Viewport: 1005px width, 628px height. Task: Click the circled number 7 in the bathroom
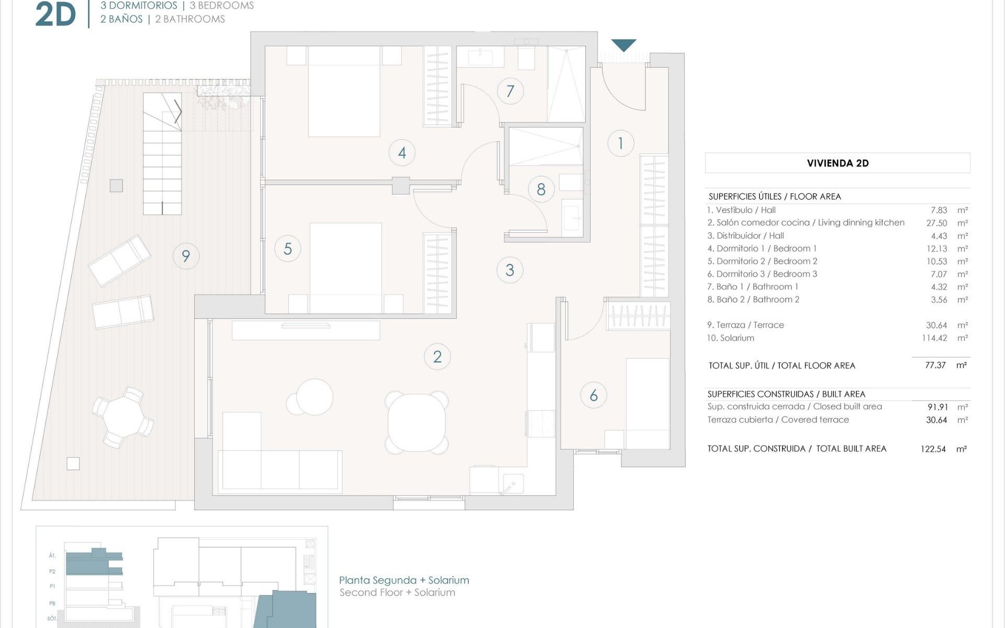point(510,91)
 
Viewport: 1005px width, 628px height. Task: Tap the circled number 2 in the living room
point(437,357)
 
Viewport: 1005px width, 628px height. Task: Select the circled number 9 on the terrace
point(186,256)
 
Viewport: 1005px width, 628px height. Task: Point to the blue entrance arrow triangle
point(623,45)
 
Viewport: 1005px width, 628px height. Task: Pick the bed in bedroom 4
point(344,92)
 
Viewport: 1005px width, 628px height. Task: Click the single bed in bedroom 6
point(647,403)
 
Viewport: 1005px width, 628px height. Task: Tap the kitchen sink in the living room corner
point(512,483)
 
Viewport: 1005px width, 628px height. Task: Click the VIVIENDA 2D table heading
point(837,163)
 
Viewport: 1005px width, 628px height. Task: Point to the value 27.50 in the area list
point(936,223)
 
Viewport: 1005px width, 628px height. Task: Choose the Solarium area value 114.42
point(934,338)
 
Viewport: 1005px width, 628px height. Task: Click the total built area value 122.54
point(933,449)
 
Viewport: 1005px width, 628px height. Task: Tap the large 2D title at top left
point(55,15)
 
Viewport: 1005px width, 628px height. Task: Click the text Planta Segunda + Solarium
point(404,580)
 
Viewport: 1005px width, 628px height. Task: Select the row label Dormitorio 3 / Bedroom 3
point(762,274)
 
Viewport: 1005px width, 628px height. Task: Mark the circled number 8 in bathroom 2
point(541,189)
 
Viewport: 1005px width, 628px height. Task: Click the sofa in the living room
point(282,461)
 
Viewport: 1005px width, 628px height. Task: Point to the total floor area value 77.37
point(935,365)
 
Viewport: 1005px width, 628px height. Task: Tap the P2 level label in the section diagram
point(52,571)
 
